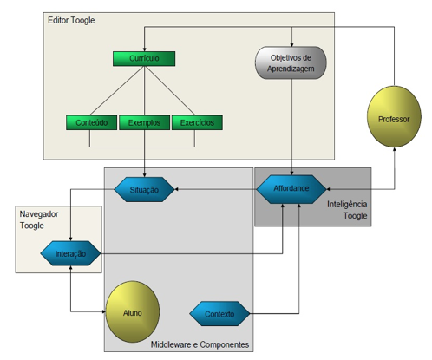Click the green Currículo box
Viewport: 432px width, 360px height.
(144, 59)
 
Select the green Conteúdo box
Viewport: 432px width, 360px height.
(91, 122)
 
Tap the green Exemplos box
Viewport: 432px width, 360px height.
(144, 122)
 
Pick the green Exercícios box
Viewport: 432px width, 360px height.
(197, 122)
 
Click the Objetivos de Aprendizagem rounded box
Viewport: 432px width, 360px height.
(291, 62)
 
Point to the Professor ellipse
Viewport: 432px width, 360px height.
(394, 116)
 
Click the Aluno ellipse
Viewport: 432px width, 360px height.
(133, 311)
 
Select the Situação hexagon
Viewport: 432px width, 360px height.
(144, 189)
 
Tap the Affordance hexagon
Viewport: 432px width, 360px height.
(291, 189)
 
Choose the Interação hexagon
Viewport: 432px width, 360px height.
(70, 253)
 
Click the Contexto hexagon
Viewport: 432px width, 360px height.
(219, 314)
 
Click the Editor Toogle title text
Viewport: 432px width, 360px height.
(71, 20)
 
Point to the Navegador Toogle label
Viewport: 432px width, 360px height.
(39, 219)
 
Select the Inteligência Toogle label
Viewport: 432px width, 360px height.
(347, 210)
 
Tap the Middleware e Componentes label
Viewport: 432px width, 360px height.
(200, 344)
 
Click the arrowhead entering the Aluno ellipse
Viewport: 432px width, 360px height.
(104, 311)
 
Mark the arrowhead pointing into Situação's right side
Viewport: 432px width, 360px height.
(177, 189)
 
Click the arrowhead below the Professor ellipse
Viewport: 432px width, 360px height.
(394, 149)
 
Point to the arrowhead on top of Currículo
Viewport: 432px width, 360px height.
(144, 49)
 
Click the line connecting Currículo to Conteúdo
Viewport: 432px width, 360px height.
(117, 90)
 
